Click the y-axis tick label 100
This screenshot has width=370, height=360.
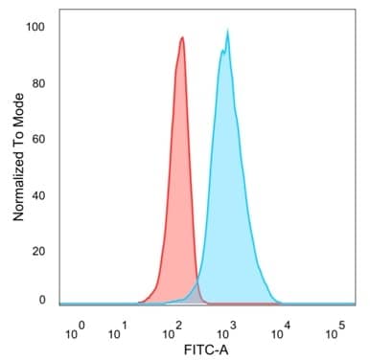click(x=35, y=27)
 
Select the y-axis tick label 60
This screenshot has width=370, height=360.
click(x=39, y=139)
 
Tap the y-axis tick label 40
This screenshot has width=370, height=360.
click(x=39, y=194)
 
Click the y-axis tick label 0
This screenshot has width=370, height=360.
click(x=42, y=300)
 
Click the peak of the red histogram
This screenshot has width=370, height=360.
click(x=182, y=39)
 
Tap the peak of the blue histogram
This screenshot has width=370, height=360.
click(x=227, y=33)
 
